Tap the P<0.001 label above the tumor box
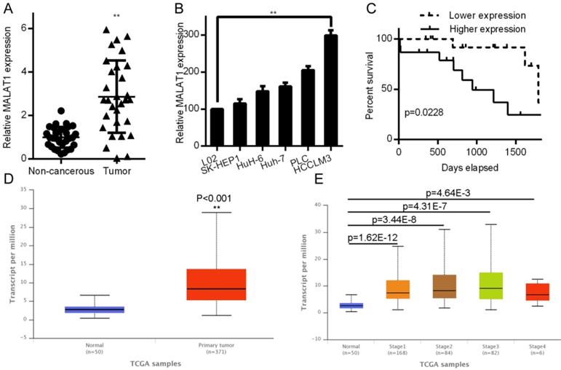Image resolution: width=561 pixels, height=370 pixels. tap(217, 196)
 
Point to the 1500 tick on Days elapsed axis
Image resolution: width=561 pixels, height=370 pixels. tap(515, 151)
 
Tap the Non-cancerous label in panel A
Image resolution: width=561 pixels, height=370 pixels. tap(57, 170)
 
